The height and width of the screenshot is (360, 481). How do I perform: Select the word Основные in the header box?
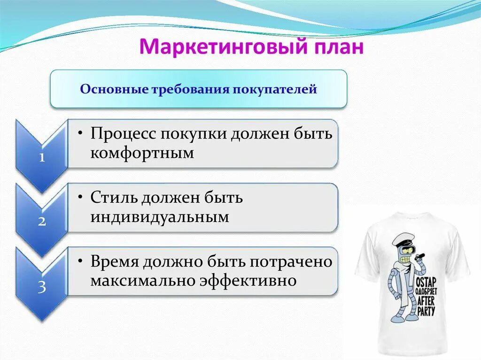click(114, 89)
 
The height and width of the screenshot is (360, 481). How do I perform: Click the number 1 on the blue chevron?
click(42, 158)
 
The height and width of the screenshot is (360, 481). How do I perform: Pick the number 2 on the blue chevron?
click(42, 222)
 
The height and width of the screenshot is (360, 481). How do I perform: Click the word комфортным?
click(142, 153)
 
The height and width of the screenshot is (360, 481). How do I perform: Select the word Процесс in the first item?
click(123, 134)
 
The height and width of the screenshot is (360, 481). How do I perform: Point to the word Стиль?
click(110, 198)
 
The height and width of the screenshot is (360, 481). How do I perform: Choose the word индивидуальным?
click(160, 217)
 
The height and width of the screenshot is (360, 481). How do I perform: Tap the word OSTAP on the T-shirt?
click(425, 283)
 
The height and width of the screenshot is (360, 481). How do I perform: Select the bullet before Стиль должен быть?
click(81, 197)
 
